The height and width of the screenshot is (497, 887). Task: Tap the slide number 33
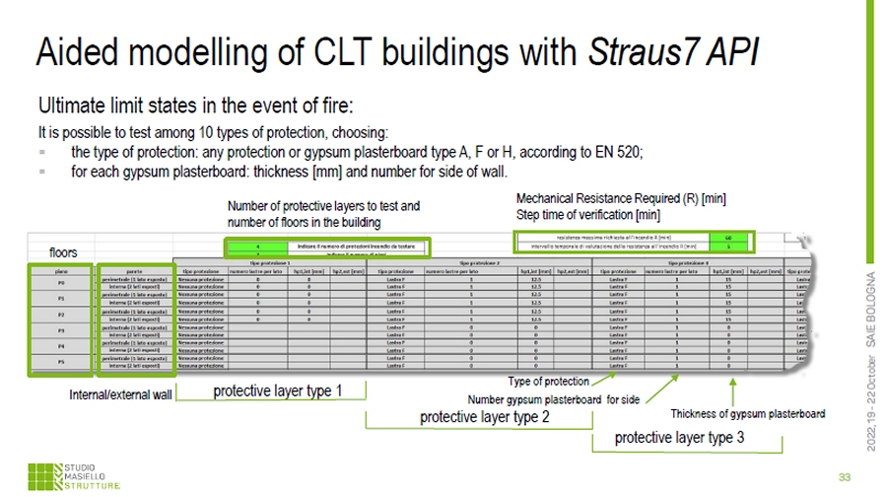point(844,467)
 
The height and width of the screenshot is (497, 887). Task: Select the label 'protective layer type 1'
point(278,391)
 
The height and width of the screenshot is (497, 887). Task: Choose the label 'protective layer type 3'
point(679,437)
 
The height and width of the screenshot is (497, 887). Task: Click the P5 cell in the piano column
point(61,361)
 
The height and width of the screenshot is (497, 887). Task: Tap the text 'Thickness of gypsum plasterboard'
point(747,413)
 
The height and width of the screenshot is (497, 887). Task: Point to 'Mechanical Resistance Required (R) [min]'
point(621,198)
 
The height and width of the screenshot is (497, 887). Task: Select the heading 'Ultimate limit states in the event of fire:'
point(194,106)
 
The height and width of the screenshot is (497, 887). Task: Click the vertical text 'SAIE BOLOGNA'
point(871,305)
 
